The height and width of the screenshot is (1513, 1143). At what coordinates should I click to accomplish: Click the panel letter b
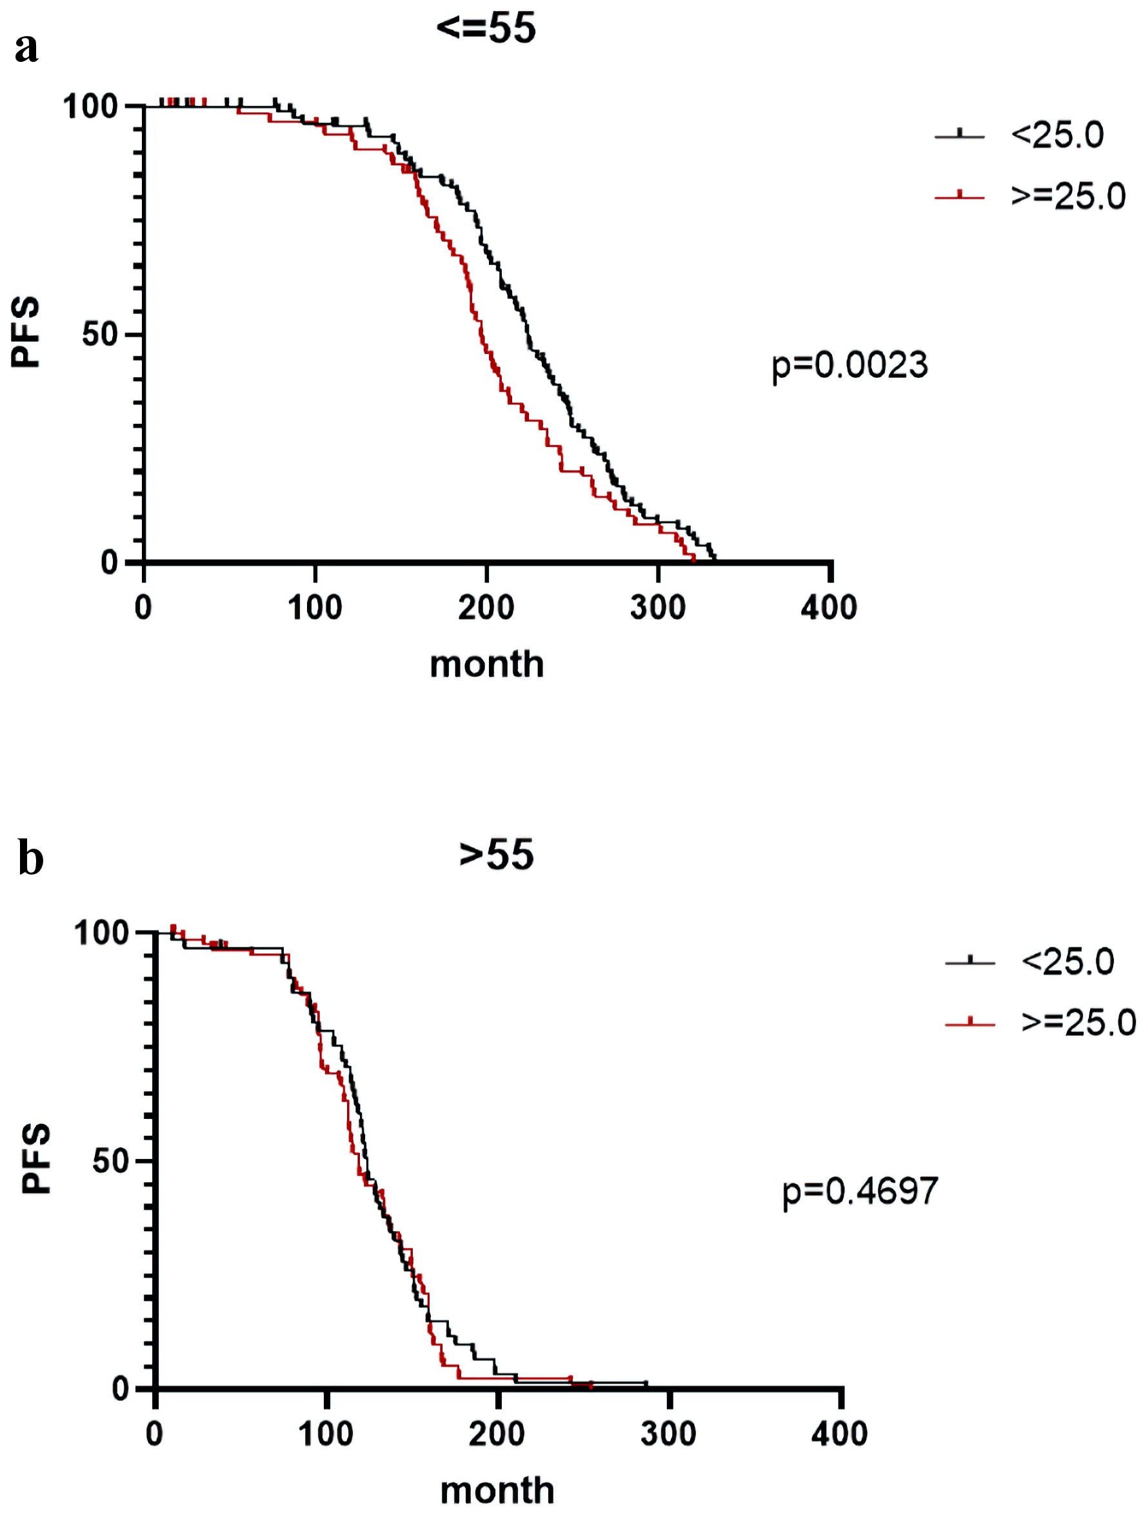click(x=30, y=859)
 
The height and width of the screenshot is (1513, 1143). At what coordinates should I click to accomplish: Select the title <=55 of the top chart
click(x=486, y=29)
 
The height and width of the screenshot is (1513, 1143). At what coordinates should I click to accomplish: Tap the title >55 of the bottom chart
click(x=496, y=855)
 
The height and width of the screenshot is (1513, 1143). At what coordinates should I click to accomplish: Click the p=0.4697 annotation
click(x=860, y=1191)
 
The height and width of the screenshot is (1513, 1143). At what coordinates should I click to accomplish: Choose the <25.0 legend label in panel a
click(x=1057, y=135)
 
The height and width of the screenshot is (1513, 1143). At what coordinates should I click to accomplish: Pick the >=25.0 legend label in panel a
click(x=1068, y=196)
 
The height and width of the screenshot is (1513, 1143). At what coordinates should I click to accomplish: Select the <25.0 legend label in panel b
click(x=1068, y=962)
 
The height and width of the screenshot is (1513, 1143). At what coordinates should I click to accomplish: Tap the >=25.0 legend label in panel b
click(x=1078, y=1023)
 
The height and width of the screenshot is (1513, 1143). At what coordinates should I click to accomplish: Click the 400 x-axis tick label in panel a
click(x=829, y=608)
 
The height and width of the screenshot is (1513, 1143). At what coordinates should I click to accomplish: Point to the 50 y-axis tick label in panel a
click(x=100, y=335)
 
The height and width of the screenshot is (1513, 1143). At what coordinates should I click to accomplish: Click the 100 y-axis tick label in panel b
click(x=101, y=933)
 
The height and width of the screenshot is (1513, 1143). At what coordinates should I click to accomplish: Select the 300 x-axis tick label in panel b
click(x=668, y=1434)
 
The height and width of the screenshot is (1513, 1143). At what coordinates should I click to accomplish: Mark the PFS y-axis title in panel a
click(x=26, y=333)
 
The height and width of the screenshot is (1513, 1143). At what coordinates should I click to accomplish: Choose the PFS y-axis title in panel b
click(x=36, y=1158)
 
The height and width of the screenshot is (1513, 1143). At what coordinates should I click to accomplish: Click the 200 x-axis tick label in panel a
click(x=486, y=608)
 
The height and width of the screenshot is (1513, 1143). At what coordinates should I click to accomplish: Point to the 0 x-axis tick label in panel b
click(x=155, y=1434)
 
